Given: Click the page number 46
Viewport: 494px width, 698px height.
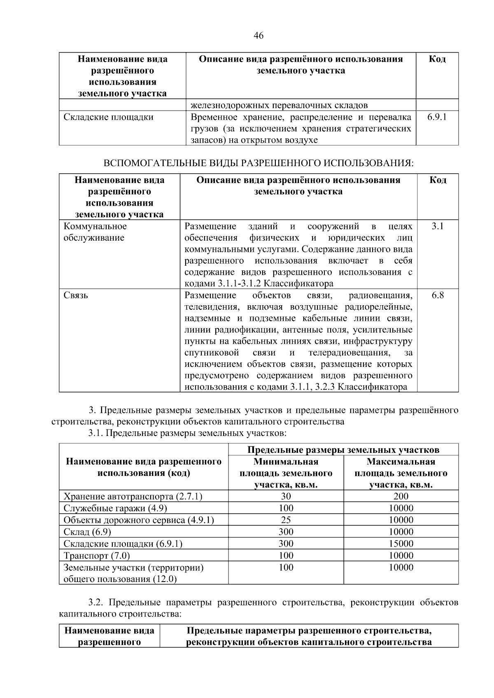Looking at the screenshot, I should point(259,36).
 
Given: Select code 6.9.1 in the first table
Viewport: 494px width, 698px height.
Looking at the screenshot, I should point(437,117).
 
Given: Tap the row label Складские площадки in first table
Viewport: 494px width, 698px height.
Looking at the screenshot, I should point(108,117).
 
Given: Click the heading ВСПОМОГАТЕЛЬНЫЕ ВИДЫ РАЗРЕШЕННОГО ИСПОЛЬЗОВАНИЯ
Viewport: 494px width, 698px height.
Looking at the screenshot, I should point(258,163).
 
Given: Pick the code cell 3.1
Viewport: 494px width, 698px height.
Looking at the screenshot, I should point(438,227).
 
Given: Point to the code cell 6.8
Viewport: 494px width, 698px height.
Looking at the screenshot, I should point(438,295).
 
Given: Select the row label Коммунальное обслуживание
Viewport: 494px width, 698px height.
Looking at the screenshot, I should point(95,232).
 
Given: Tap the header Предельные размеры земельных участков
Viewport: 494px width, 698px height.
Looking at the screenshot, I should point(343,450).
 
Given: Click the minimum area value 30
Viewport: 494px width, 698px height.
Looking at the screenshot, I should point(286,496).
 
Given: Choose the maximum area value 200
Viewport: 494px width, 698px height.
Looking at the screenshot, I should point(401,496).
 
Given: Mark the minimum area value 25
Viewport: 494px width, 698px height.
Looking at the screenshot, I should point(286,520).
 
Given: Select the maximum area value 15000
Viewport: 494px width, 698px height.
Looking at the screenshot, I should point(401,544).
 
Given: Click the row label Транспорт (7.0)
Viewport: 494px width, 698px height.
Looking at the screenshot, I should point(97,556).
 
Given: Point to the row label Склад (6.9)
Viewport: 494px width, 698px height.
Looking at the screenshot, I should point(87,532).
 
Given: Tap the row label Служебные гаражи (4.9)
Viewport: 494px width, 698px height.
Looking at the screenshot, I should point(115,508).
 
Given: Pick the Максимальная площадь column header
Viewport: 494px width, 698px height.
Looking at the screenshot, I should point(401,473).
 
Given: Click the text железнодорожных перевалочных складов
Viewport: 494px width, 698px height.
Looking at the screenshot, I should point(279,105).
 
